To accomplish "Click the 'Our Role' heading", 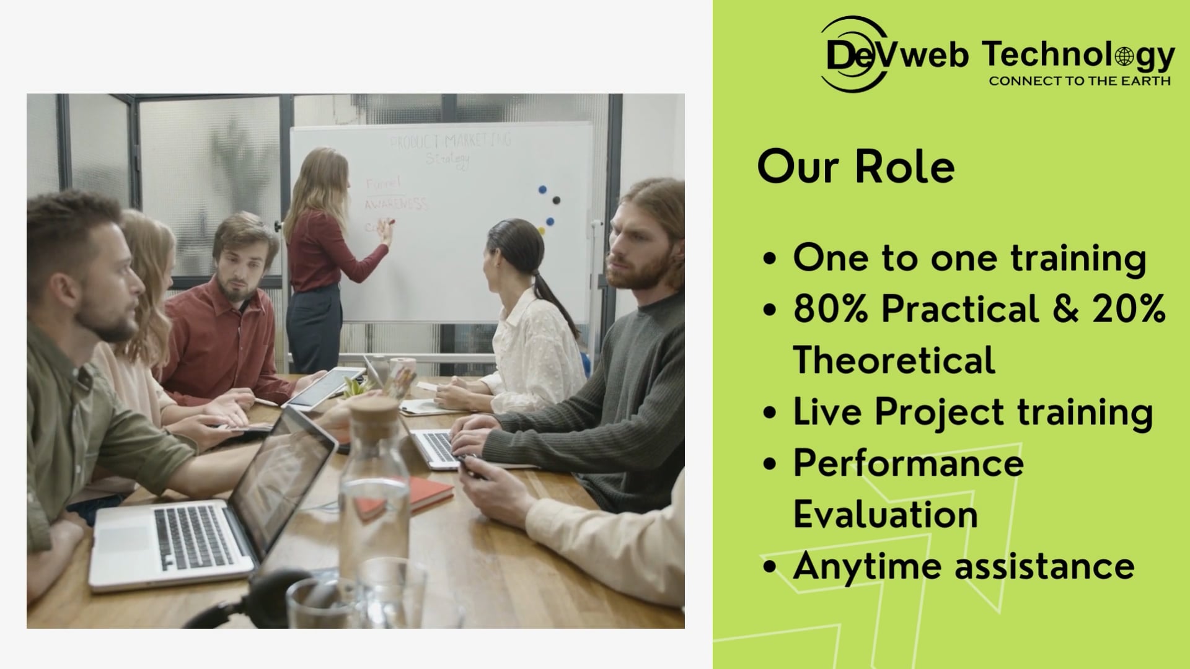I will pos(855,167).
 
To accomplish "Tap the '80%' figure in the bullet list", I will pos(831,308).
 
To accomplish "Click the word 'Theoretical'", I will pos(894,360).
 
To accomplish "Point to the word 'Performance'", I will pos(909,463).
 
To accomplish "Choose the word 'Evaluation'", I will pos(885,515).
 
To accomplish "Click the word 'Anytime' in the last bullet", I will pos(866,566).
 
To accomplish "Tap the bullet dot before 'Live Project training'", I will pos(770,413).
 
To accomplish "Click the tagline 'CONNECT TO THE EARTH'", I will pos(1079,81).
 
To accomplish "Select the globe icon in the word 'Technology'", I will pos(1124,57).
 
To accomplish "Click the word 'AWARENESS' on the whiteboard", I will pos(396,204).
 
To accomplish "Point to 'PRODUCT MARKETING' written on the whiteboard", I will pos(450,141).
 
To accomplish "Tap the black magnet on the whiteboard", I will pos(556,200).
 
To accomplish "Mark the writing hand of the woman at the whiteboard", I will pos(387,230).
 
